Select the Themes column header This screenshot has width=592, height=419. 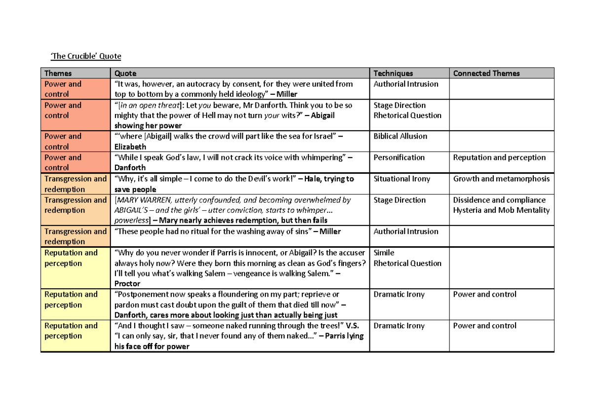(58, 73)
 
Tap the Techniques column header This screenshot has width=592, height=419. (393, 73)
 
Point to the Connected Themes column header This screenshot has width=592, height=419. (486, 73)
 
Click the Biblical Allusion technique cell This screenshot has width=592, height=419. (400, 136)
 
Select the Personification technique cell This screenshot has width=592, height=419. (399, 157)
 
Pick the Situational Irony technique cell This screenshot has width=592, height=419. (402, 179)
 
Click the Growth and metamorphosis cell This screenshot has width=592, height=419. (501, 179)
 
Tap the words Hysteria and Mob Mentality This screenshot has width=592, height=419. (501, 210)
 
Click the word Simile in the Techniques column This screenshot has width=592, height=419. (384, 253)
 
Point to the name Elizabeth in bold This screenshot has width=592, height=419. (130, 147)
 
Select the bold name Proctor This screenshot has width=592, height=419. (127, 284)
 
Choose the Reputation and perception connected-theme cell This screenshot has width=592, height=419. (499, 157)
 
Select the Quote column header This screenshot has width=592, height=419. (125, 73)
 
